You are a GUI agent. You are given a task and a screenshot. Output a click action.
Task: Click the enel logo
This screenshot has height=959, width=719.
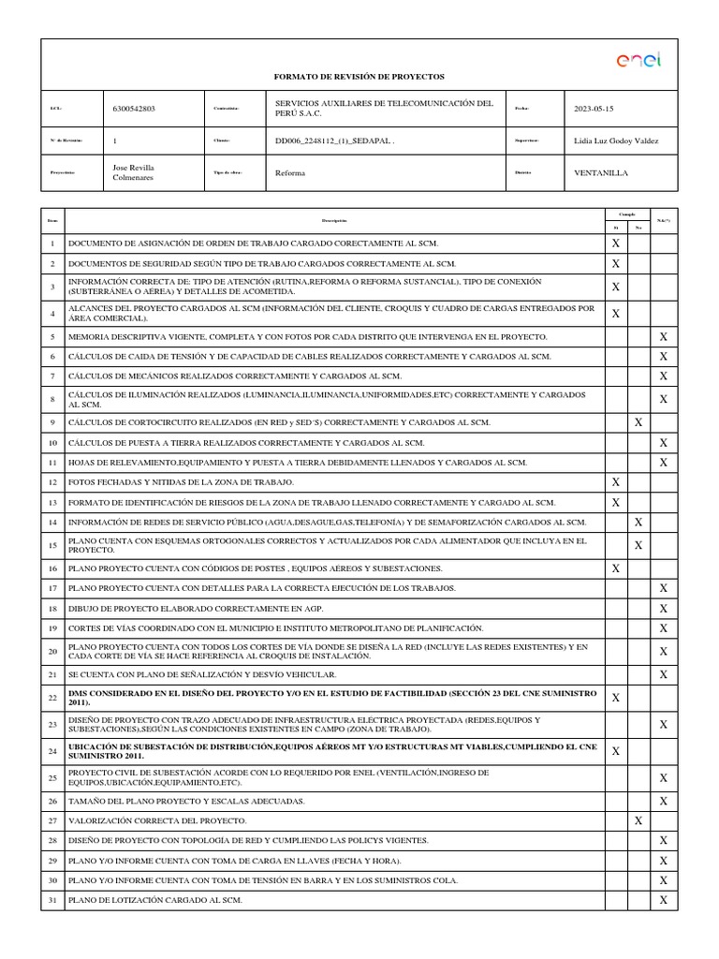click(x=638, y=61)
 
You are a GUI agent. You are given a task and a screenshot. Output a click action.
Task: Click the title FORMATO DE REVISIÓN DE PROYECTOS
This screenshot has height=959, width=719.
click(x=359, y=76)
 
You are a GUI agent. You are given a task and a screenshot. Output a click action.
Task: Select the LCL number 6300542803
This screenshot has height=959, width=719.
click(x=134, y=109)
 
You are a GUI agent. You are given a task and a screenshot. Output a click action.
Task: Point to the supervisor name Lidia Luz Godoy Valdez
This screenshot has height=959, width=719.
click(x=615, y=140)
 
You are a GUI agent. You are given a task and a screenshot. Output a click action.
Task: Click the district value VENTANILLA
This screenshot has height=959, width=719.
click(x=601, y=173)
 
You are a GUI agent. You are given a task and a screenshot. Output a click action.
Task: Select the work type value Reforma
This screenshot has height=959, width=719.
click(x=289, y=173)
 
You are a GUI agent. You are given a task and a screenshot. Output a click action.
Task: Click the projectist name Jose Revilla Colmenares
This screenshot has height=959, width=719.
click(x=134, y=173)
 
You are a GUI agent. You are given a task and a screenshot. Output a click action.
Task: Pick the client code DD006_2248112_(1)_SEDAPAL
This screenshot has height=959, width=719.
click(x=334, y=140)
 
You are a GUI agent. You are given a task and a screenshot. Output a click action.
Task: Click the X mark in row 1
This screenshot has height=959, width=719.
click(x=615, y=243)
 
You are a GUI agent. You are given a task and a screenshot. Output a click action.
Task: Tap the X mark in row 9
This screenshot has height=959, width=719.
click(x=638, y=422)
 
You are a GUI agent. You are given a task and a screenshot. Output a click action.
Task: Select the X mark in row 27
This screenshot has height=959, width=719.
click(x=638, y=820)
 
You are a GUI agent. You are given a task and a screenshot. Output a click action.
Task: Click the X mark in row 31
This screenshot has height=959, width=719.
click(x=663, y=900)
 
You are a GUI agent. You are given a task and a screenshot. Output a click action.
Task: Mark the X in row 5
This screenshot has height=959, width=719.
click(x=663, y=336)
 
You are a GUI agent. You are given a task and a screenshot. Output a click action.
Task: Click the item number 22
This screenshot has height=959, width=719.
click(x=52, y=698)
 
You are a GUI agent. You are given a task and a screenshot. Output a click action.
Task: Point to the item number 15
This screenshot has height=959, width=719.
click(x=52, y=545)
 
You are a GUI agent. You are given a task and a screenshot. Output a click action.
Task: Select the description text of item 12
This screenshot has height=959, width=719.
click(x=181, y=482)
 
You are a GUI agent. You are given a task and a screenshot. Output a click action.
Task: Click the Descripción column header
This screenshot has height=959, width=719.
click(x=334, y=221)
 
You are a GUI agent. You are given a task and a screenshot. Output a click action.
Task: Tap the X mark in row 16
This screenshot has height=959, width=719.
click(x=615, y=568)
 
